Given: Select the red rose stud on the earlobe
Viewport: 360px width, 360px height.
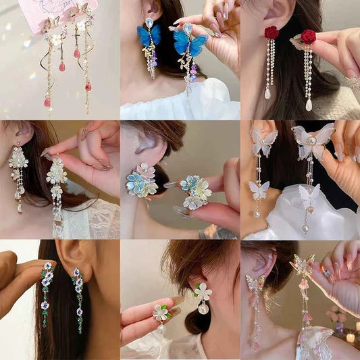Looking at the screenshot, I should [271, 32].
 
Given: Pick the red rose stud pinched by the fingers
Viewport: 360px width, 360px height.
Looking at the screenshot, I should [308, 36].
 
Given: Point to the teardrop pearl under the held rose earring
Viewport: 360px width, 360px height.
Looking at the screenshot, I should [309, 105].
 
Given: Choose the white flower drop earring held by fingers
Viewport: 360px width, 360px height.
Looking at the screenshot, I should [56, 172].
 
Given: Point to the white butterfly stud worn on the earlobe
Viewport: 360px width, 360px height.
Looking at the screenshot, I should [263, 141].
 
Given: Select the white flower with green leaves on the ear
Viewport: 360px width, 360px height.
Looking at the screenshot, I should [202, 291].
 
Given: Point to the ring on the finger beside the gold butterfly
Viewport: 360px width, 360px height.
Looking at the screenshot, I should [327, 273].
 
